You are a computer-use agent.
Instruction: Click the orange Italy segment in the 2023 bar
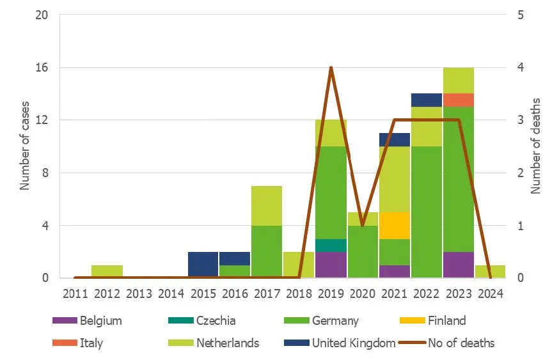[458, 100]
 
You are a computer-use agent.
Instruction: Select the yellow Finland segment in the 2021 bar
[394, 225]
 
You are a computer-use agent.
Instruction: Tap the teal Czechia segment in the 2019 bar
[331, 246]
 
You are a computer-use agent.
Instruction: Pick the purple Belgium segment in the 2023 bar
[458, 265]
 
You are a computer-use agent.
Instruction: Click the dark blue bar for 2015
[203, 265]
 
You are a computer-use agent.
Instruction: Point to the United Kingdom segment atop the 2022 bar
[426, 100]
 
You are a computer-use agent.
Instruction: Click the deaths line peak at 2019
[331, 67]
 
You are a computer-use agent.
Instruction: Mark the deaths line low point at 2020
[363, 225]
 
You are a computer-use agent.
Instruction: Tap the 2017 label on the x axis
[267, 294]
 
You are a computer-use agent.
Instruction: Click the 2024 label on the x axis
[490, 294]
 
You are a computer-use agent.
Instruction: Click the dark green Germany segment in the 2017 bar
[267, 251]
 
